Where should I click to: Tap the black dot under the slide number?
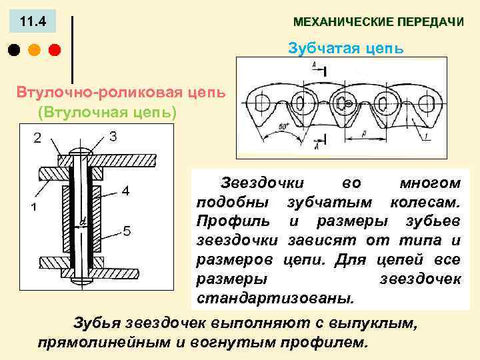[13, 50]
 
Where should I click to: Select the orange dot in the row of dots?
[34, 50]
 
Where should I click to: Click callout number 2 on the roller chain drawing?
[37, 138]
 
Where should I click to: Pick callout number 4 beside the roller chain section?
[125, 191]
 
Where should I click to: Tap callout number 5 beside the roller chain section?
[127, 231]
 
